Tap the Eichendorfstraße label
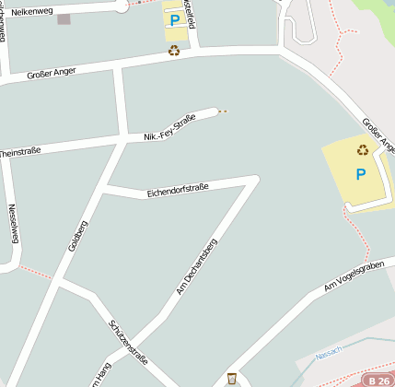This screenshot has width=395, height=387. coord(178,191)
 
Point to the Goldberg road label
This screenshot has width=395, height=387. coord(78,235)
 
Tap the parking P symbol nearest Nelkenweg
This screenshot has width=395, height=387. coord(174,18)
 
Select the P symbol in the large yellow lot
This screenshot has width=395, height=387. coord(360,173)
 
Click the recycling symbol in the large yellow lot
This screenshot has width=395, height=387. coord(363,149)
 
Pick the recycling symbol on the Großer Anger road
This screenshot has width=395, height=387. coord(174,52)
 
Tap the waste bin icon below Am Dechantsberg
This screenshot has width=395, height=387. coord(232,378)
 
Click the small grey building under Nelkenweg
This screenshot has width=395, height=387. coord(64,18)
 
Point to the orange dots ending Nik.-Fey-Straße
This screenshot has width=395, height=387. coord(221,111)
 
